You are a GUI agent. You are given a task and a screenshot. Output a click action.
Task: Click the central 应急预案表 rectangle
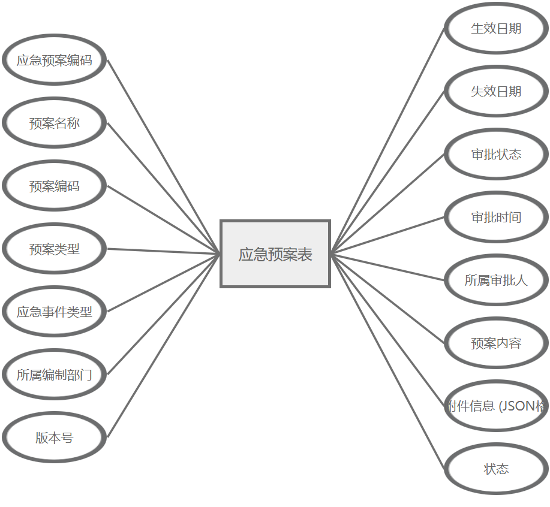(275, 254)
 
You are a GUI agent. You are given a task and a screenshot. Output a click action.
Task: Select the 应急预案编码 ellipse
(55, 60)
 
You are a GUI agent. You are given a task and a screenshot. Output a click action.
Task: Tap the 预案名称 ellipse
(55, 123)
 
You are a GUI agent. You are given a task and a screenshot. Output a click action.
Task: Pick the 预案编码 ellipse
(55, 186)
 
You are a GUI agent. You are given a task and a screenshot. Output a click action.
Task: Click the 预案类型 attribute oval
(55, 249)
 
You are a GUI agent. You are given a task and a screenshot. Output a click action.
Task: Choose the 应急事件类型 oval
(55, 312)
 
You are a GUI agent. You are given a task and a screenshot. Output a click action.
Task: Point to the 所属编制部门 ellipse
(55, 375)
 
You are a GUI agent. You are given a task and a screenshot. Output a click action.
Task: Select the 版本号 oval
(55, 437)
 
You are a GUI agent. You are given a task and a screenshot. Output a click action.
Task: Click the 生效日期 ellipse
(496, 28)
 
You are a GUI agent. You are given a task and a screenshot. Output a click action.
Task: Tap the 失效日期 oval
(496, 91)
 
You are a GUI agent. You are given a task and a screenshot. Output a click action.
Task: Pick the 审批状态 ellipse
(496, 154)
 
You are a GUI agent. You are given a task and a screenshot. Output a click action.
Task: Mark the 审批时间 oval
(496, 217)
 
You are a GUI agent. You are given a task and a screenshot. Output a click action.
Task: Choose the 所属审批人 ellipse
(496, 280)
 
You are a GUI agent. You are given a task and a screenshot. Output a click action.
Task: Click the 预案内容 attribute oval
(496, 343)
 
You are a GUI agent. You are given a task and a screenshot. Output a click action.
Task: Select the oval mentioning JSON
(496, 406)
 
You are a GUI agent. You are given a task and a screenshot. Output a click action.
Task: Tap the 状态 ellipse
(496, 469)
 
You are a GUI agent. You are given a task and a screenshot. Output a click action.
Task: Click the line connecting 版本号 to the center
(163, 346)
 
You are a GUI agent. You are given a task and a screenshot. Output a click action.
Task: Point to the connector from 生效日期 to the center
(387, 141)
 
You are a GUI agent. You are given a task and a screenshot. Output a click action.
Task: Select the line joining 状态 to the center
(387, 361)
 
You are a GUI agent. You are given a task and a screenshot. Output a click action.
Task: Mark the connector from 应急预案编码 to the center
(163, 157)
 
